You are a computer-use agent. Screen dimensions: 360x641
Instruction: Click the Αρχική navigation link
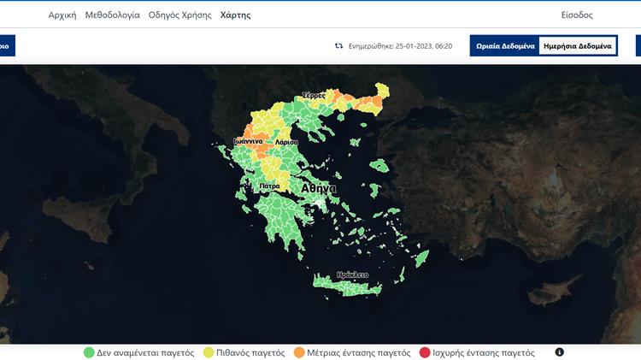62,15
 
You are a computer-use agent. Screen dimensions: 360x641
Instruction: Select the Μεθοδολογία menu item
112,15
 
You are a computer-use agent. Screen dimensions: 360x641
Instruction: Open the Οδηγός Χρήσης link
180,15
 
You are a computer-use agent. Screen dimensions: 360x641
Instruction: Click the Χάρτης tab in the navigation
235,15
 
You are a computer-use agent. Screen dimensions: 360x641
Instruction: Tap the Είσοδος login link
577,15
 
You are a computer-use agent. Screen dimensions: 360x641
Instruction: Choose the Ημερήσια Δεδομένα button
578,45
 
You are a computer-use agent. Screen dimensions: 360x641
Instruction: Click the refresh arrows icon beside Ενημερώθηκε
338,45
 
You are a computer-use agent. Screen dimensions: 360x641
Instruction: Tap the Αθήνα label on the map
319,188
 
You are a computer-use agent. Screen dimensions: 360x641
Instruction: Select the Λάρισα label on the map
286,142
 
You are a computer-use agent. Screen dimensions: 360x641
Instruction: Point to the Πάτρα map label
269,186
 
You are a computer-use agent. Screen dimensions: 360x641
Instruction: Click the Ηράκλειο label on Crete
352,274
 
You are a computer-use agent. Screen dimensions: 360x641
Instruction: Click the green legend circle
89,352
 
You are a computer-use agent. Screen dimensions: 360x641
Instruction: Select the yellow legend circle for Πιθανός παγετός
209,352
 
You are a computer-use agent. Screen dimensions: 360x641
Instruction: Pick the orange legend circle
299,352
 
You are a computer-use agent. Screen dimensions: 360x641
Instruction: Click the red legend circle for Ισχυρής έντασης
425,352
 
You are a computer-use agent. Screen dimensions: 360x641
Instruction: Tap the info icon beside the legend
560,352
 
